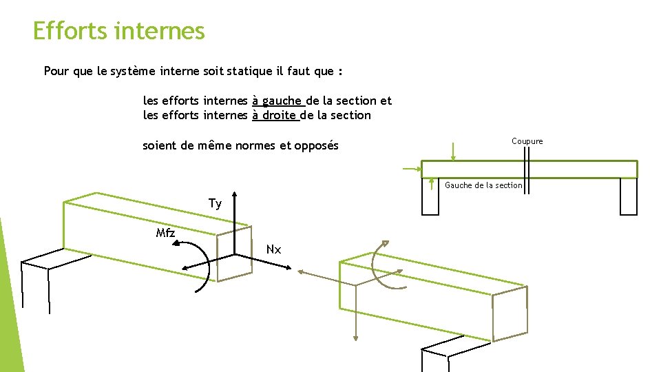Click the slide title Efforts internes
119,31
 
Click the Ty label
215,204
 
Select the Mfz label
165,233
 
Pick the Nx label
273,249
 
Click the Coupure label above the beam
527,141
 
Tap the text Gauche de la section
483,185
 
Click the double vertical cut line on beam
527,170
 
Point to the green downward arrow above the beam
453,152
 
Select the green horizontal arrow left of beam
412,169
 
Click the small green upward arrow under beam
431,184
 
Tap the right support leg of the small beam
629,196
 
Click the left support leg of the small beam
430,196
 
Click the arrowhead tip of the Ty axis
234,192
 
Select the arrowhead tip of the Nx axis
291,268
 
